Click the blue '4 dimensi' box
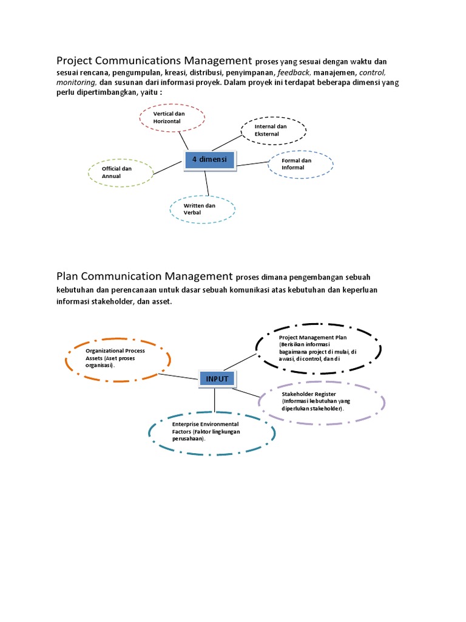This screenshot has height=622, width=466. [209, 160]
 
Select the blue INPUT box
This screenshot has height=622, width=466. [217, 379]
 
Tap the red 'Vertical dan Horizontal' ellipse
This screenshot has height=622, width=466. [172, 117]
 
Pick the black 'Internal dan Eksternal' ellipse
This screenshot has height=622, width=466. [274, 130]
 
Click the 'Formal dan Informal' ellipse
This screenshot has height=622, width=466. [300, 164]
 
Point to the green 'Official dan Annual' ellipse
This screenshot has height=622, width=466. [121, 172]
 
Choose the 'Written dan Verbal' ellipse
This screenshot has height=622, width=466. [201, 209]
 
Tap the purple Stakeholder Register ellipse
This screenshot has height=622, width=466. [322, 402]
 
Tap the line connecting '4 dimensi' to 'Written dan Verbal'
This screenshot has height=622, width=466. [207, 182]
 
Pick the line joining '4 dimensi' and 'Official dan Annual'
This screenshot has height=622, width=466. [169, 168]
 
